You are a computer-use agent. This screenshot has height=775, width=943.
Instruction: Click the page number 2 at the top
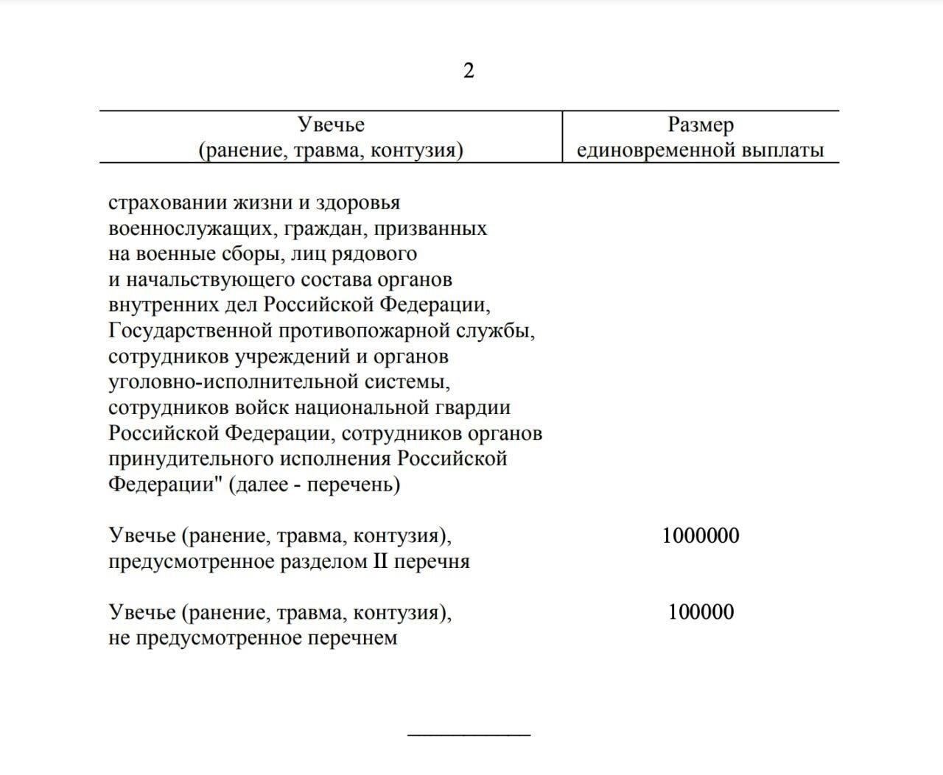(x=469, y=71)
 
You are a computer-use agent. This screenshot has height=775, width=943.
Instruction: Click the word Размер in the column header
(x=701, y=125)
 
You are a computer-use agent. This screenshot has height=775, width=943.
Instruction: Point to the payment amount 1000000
(x=701, y=536)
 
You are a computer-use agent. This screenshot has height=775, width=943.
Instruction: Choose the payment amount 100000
(x=701, y=612)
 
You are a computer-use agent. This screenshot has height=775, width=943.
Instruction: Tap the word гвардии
(x=477, y=408)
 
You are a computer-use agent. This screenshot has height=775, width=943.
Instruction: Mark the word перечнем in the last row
(x=356, y=638)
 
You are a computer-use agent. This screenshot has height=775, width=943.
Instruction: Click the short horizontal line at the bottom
(x=469, y=734)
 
